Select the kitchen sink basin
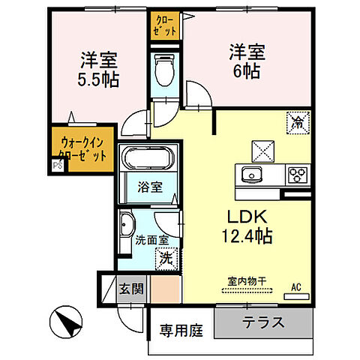250,175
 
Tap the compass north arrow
66,324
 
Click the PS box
57,166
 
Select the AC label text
295,286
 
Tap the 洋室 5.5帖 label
98,68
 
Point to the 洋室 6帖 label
245,61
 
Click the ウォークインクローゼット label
83,148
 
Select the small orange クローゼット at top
165,26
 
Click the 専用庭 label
180,329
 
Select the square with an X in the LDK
265,149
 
